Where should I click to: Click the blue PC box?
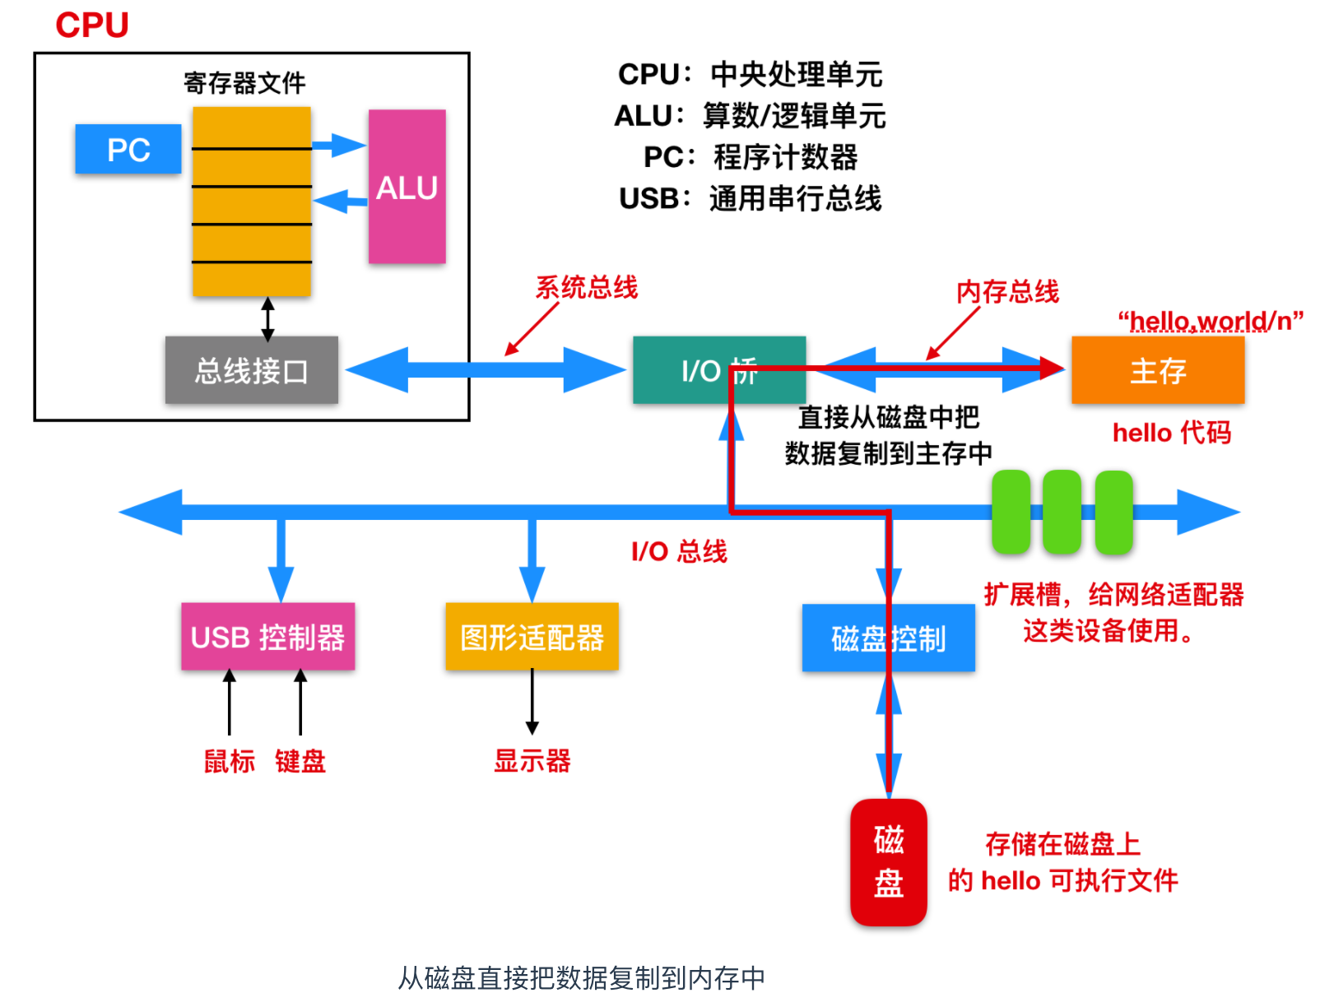click(x=128, y=149)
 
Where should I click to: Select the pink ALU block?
click(x=407, y=187)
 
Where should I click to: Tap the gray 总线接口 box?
click(x=251, y=370)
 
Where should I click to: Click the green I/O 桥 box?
click(x=718, y=370)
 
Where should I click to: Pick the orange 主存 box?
click(x=1157, y=370)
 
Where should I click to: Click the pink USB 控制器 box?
click(x=267, y=637)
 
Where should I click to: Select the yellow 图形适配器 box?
click(x=532, y=637)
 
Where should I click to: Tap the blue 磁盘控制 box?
click(x=888, y=638)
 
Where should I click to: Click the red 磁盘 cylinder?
click(x=888, y=861)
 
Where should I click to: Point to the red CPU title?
click(x=92, y=26)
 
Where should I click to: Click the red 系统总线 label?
click(x=587, y=287)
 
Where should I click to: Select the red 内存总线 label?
click(x=1007, y=291)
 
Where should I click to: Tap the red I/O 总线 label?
click(x=679, y=551)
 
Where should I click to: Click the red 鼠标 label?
click(x=230, y=761)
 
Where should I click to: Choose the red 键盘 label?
click(x=300, y=761)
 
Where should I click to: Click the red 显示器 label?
click(x=532, y=761)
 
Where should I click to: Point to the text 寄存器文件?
click(x=244, y=83)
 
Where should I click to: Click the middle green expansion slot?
click(x=1062, y=512)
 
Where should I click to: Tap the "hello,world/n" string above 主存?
click(x=1210, y=321)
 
